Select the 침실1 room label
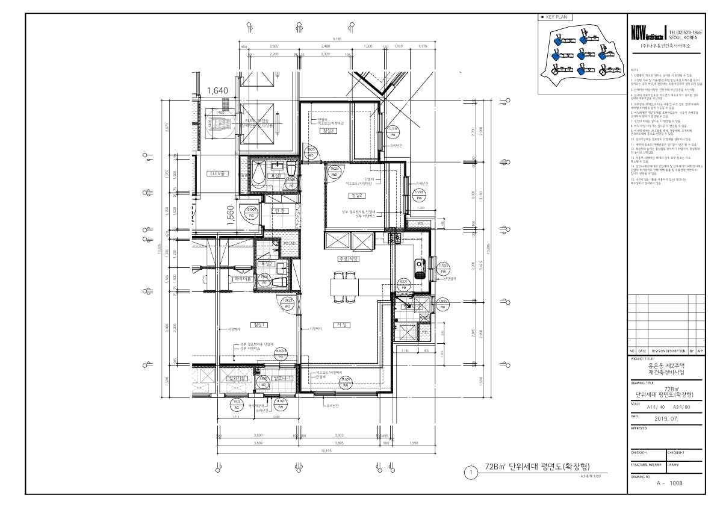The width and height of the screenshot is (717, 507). (259, 325)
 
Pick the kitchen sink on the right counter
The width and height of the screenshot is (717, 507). (419, 265)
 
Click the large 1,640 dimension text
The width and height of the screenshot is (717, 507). (217, 91)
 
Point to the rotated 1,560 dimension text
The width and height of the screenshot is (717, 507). (230, 215)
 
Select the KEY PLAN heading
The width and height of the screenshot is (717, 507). (557, 17)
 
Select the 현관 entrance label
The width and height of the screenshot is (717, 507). (277, 210)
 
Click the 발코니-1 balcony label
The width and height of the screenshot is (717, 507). (282, 378)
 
